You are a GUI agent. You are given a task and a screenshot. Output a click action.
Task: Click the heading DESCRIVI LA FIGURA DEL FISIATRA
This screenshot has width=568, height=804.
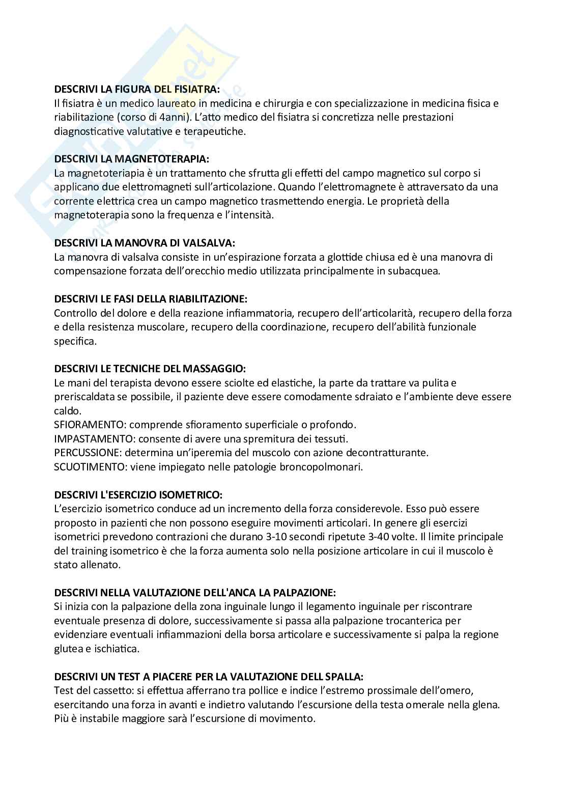tap(137, 89)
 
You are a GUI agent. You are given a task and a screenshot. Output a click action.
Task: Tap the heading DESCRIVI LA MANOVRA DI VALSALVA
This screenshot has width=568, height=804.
tap(145, 243)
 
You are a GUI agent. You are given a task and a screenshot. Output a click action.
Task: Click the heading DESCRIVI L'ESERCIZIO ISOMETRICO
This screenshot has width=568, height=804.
tap(138, 494)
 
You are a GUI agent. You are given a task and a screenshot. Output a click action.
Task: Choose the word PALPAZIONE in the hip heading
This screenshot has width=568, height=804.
tap(304, 592)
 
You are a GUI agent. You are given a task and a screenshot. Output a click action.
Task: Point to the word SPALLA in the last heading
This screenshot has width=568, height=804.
tap(344, 677)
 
